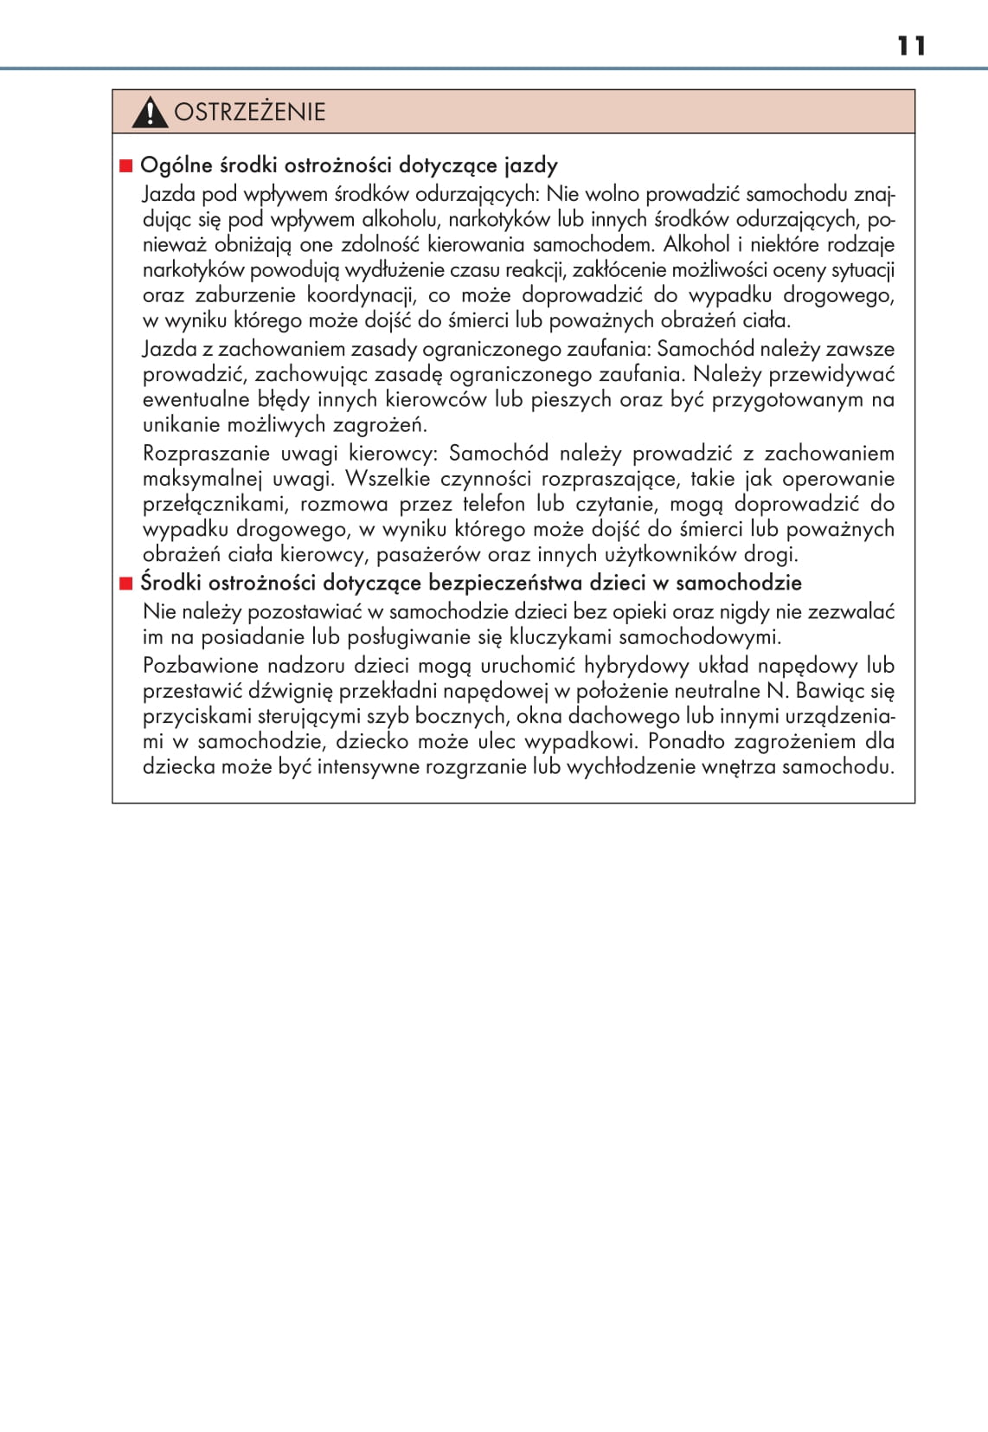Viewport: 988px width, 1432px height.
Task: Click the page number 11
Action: click(x=911, y=46)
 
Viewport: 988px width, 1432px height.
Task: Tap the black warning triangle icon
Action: click(x=150, y=113)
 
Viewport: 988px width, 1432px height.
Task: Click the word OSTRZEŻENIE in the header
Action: click(x=250, y=112)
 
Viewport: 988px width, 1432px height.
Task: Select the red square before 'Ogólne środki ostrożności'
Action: click(x=125, y=165)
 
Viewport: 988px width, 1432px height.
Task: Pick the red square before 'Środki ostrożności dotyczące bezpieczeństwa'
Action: click(x=125, y=583)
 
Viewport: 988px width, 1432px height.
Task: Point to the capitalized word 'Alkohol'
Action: click(x=696, y=245)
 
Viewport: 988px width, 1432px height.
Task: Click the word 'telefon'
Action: click(x=493, y=504)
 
